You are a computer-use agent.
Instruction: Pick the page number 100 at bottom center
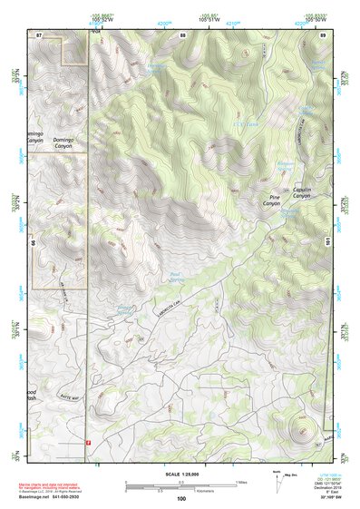coord(181,498)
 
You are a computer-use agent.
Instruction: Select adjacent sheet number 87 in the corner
coord(39,34)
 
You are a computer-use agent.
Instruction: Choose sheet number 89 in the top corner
coord(323,34)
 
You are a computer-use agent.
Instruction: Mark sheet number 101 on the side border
coord(327,242)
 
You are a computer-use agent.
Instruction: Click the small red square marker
coord(88,443)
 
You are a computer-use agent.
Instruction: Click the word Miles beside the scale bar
coord(242,481)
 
